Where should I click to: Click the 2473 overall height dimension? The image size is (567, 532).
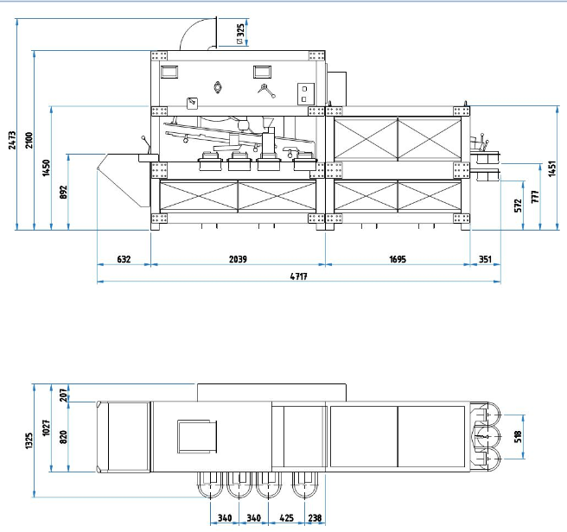(12, 140)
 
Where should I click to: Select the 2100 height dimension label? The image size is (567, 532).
(29, 140)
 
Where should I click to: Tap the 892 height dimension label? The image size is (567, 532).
(63, 192)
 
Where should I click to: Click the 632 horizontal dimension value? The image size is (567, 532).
(124, 259)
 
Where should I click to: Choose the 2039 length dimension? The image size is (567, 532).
(238, 259)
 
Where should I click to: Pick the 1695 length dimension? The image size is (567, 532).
(398, 259)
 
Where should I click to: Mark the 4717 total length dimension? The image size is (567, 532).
(299, 276)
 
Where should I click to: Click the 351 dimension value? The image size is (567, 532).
(485, 259)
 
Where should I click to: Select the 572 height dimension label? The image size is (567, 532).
(519, 206)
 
